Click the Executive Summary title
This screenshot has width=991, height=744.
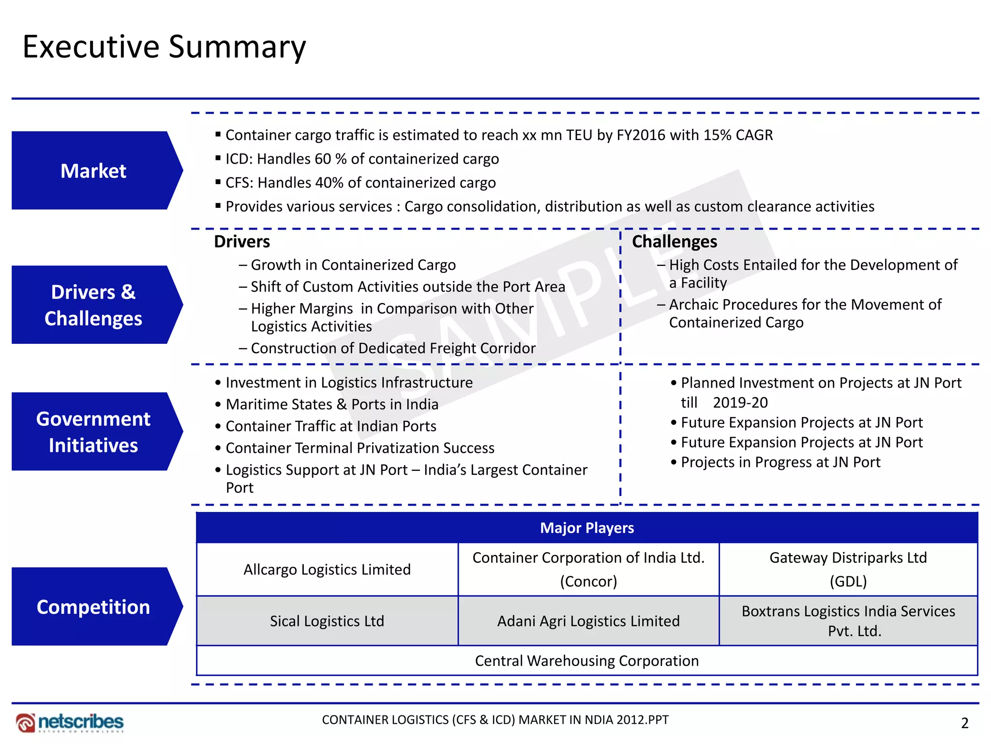click(164, 47)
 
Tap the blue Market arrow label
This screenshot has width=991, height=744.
click(93, 170)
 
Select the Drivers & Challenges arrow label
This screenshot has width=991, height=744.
click(93, 305)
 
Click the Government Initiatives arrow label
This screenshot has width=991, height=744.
click(93, 432)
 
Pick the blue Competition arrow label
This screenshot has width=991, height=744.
click(93, 606)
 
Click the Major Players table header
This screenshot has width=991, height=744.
click(586, 527)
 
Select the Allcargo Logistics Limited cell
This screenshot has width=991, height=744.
click(327, 569)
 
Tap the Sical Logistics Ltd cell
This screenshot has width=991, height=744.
click(327, 621)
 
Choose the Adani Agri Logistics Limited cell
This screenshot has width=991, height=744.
click(588, 621)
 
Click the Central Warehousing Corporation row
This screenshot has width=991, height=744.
click(586, 661)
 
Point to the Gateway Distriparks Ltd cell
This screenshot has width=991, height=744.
click(848, 569)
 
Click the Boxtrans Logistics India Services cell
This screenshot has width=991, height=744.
click(848, 621)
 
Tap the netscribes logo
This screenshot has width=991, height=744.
click(70, 722)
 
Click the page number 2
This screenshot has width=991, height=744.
click(964, 723)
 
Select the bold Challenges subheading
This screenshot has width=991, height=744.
click(675, 241)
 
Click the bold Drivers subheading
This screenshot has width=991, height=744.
click(242, 241)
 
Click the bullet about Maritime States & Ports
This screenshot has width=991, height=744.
click(332, 404)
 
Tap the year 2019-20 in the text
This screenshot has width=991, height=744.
click(740, 403)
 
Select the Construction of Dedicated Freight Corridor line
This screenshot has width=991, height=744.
click(393, 348)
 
